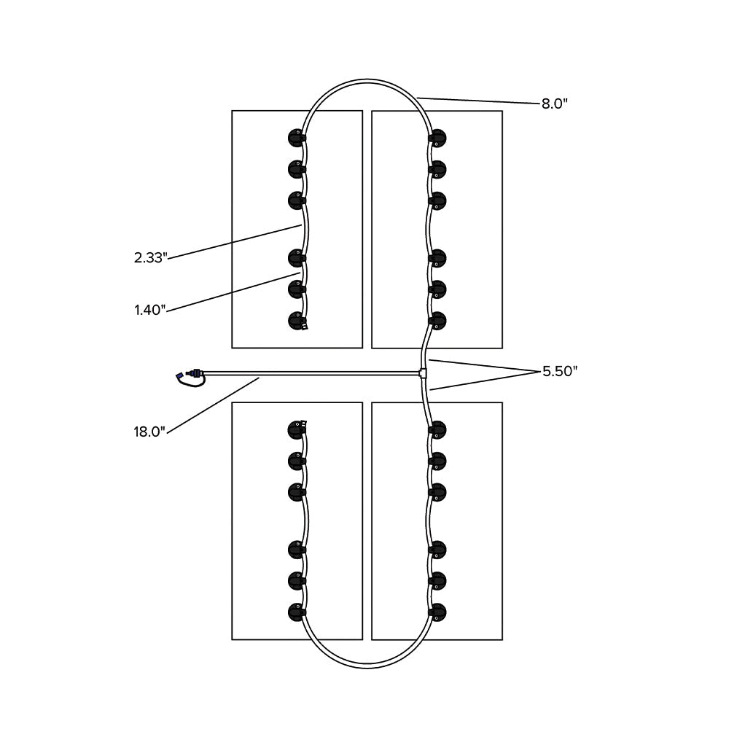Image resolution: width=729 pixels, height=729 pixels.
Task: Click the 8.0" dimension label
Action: point(554,104)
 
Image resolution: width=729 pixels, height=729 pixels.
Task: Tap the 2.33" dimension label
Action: point(151,257)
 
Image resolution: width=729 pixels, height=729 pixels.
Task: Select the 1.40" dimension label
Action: point(150,310)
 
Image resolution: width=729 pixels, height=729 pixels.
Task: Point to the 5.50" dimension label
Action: point(560,371)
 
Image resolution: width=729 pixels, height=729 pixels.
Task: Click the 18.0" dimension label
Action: point(150,432)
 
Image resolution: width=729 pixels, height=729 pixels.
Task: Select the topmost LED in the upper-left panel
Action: point(296,137)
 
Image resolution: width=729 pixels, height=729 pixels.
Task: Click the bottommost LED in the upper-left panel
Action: point(296,321)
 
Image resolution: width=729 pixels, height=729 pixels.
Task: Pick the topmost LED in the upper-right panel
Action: point(437,137)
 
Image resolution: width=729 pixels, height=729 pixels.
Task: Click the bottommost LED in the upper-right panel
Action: point(437,321)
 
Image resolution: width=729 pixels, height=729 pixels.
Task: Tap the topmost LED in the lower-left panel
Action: point(296,429)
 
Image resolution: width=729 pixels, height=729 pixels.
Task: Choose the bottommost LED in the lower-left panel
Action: point(296,611)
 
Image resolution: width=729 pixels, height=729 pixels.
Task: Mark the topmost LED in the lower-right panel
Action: point(437,429)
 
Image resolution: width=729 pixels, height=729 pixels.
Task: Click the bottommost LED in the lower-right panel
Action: point(437,611)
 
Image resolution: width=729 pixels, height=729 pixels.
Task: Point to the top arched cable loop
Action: point(364,82)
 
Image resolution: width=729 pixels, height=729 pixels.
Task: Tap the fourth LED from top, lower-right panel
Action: point(437,549)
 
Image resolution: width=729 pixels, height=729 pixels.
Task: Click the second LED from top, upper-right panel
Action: point(437,169)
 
